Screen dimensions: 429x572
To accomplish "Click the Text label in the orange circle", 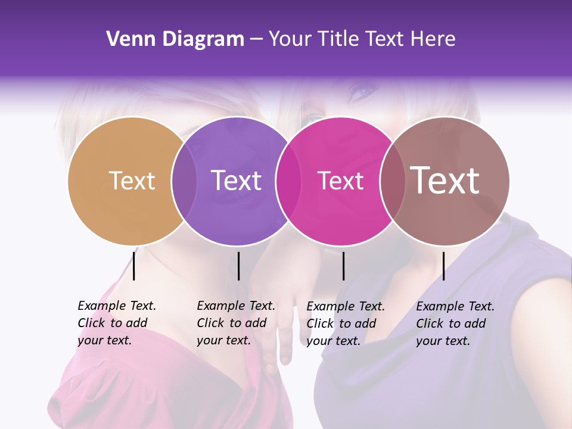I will (132, 181).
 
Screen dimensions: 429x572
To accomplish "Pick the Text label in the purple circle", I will (236, 181).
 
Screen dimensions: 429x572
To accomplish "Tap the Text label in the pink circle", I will (340, 181).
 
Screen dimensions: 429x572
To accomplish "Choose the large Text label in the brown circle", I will (444, 180).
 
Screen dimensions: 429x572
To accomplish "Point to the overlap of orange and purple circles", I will (184, 181).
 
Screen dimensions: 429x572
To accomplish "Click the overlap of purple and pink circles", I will (287, 181).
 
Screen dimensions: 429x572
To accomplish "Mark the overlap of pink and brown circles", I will (392, 181).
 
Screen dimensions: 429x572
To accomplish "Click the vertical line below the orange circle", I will (134, 266).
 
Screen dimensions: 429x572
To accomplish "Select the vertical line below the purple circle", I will (238, 266).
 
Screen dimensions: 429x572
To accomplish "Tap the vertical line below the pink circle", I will (343, 266).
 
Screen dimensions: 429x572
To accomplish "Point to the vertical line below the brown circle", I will (443, 266).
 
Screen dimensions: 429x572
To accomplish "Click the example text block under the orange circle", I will (116, 323).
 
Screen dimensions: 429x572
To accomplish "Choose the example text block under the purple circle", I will (235, 323).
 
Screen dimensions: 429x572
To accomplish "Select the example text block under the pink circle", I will (345, 324).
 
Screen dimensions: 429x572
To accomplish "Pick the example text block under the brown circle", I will (455, 324).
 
